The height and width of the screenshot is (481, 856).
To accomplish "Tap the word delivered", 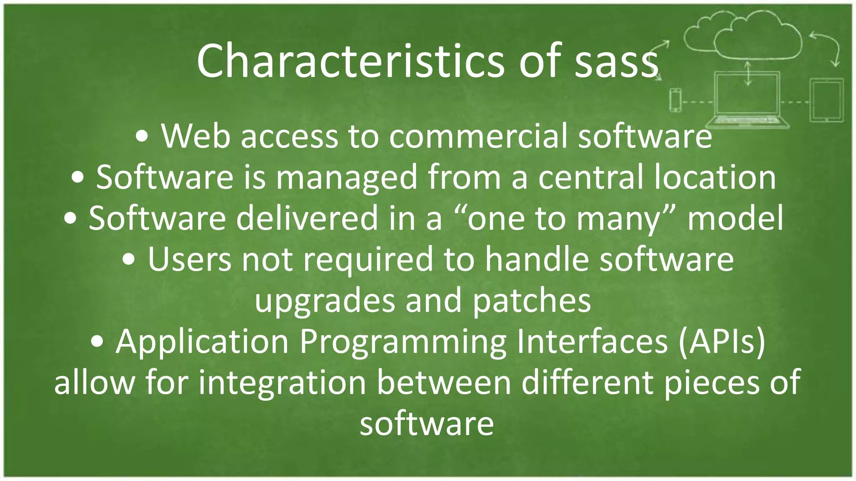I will (307, 218).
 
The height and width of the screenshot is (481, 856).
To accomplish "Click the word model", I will (735, 218).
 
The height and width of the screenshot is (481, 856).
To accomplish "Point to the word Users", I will (189, 259).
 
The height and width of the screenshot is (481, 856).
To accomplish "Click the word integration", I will (282, 382).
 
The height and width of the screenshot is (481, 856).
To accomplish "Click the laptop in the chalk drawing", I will (747, 100).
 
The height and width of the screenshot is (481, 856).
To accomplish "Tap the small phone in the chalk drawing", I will (675, 100).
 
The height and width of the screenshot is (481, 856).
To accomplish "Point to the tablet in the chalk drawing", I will (826, 100).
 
